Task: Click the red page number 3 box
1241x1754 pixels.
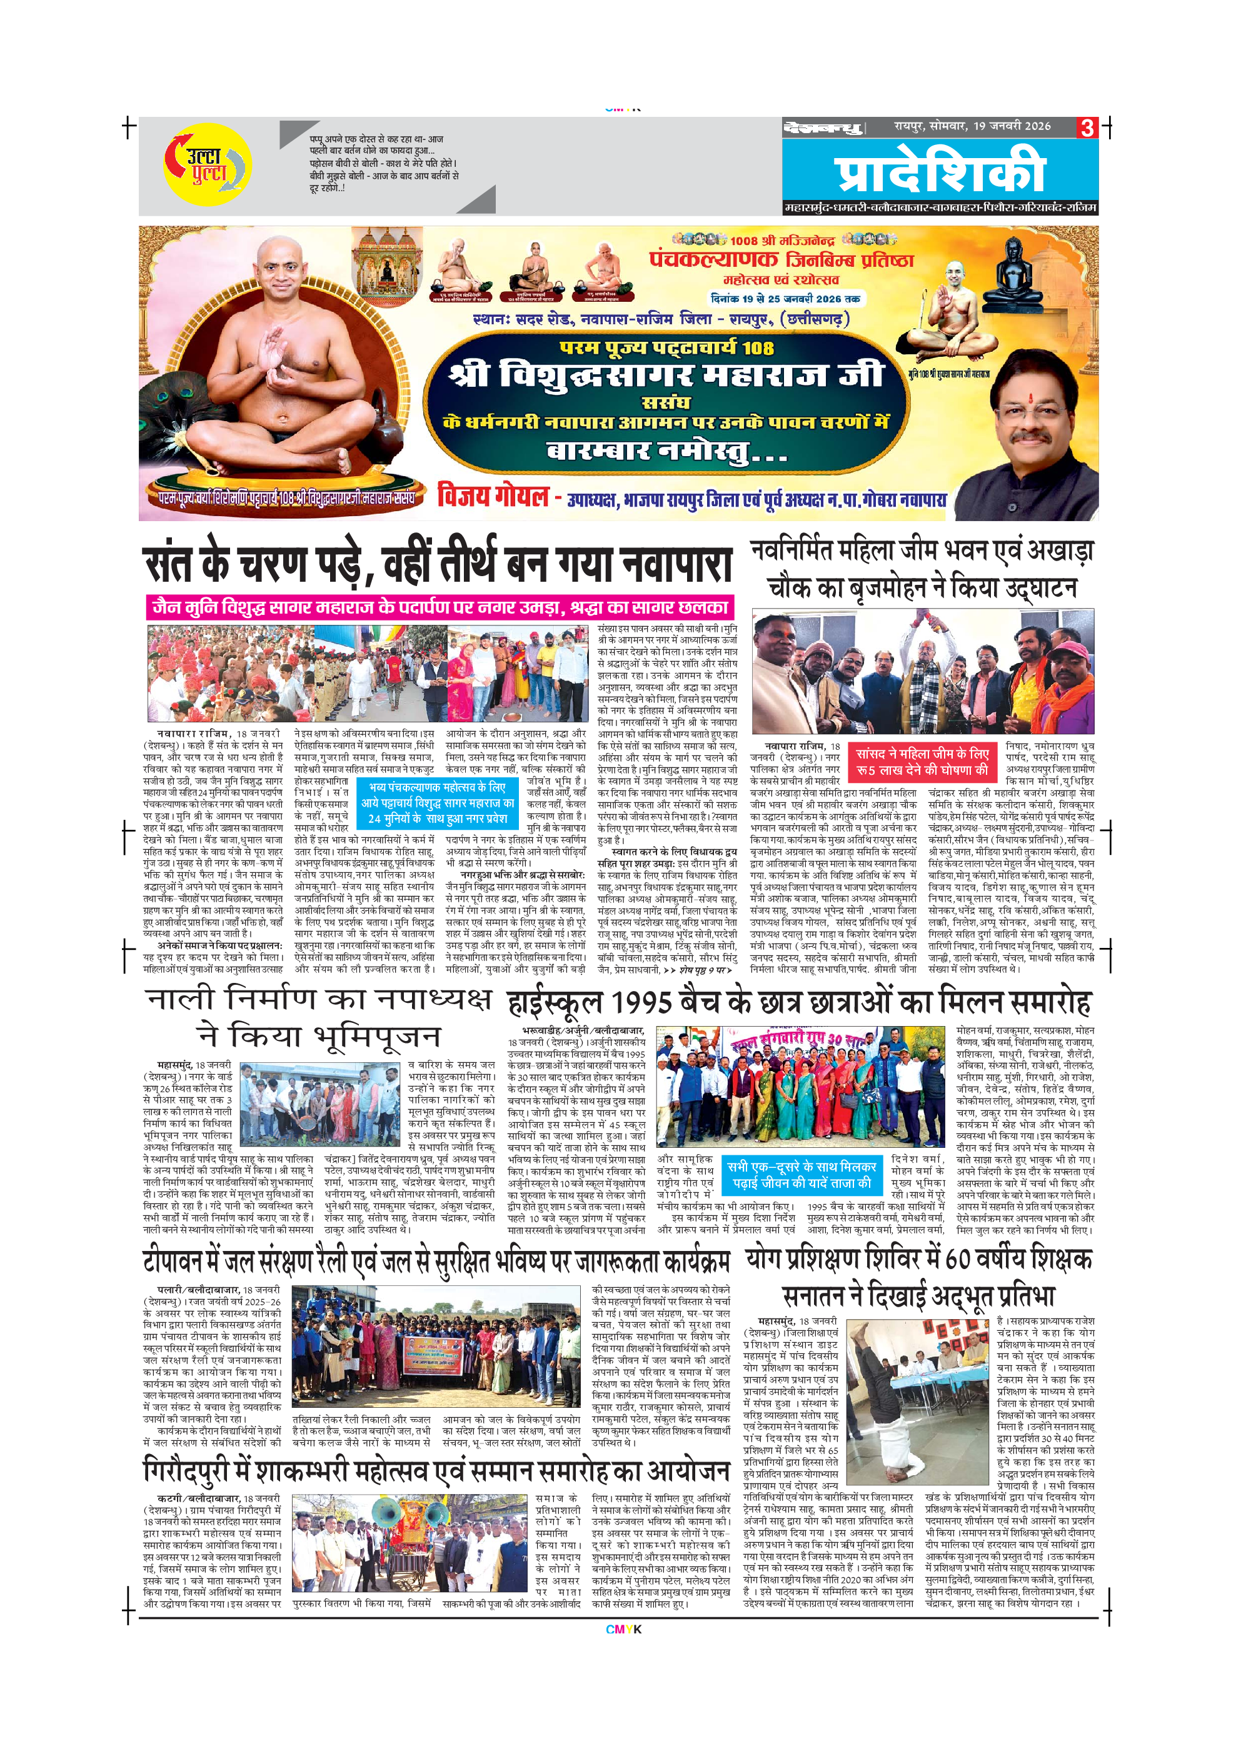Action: pos(1087,127)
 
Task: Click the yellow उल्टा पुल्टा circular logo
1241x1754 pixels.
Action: pos(207,164)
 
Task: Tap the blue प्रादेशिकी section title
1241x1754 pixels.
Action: pos(939,172)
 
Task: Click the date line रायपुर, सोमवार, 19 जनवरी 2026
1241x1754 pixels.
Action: pos(972,126)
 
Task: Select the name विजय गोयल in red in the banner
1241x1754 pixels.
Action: pos(493,497)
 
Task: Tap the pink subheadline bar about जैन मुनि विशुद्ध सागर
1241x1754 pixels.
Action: pos(440,607)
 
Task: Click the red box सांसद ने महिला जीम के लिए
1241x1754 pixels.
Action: pos(922,762)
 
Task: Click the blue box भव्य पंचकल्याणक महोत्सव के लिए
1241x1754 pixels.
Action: pos(437,803)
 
